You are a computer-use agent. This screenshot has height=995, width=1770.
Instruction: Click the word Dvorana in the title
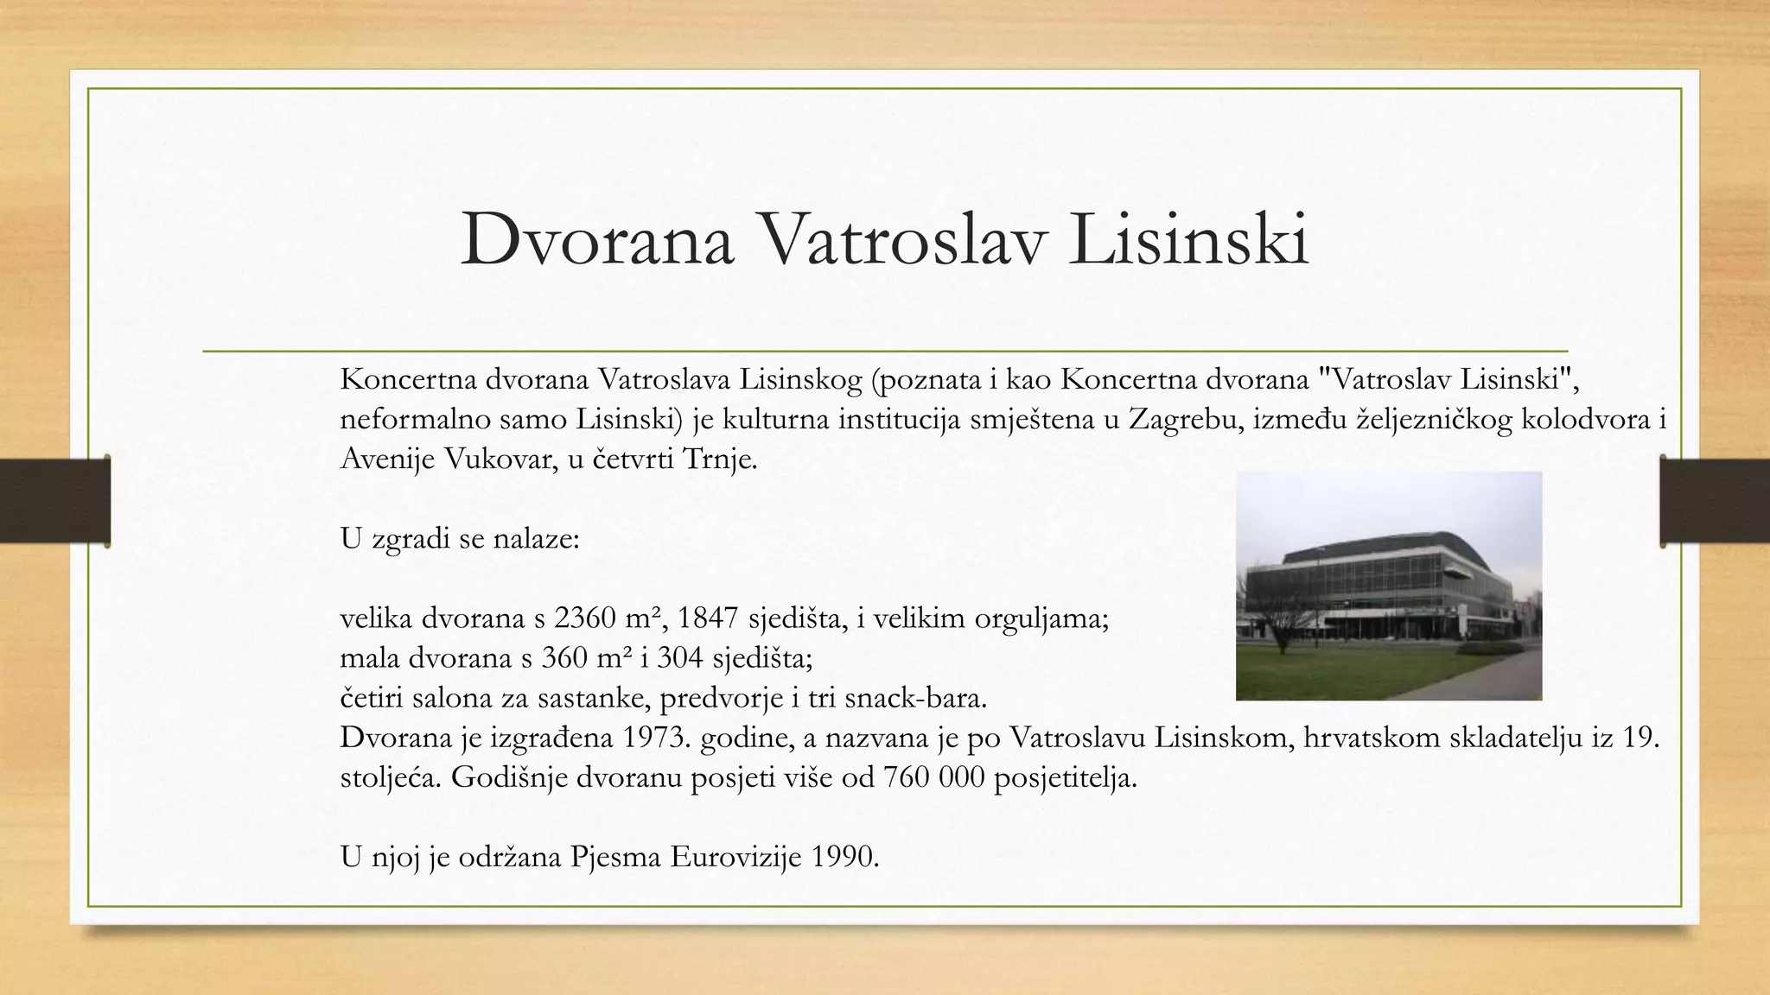597,239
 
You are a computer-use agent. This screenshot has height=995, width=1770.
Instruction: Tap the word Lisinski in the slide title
1188,239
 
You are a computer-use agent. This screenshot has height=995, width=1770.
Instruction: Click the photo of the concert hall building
1388,586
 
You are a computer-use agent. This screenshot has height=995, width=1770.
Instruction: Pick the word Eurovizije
735,857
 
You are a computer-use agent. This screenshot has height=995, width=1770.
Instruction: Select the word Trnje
719,459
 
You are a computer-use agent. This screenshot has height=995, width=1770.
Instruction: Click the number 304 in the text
680,658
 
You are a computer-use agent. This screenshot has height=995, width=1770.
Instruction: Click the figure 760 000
934,777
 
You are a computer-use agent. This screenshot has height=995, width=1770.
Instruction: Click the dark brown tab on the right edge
1715,501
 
